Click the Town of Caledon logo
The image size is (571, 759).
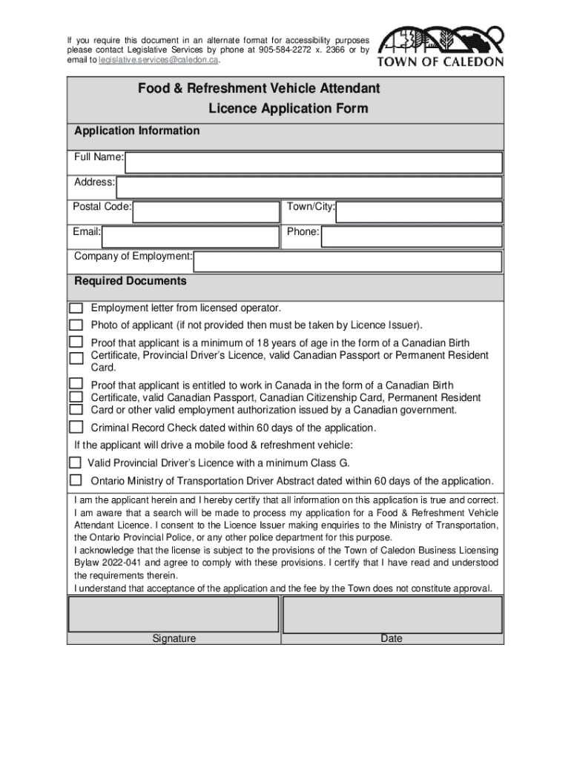tap(440, 47)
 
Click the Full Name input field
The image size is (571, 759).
tap(314, 162)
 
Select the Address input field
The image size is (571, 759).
tap(309, 187)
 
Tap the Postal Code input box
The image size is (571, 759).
tap(207, 212)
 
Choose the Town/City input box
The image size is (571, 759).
tap(419, 212)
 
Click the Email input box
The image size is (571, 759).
tap(191, 236)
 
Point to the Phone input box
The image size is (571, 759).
tap(412, 236)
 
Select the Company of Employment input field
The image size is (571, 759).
tap(348, 261)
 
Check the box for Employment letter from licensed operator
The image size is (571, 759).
tap(76, 308)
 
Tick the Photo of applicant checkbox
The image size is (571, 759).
tap(76, 325)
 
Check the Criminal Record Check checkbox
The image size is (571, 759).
tap(76, 427)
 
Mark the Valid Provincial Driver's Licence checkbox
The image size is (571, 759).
tap(75, 462)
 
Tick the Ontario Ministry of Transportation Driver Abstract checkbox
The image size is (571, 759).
tap(75, 480)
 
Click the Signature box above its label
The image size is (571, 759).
tap(174, 614)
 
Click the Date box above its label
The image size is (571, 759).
tap(392, 614)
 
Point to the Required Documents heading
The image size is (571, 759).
tap(131, 282)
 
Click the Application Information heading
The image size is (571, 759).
tap(137, 131)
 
